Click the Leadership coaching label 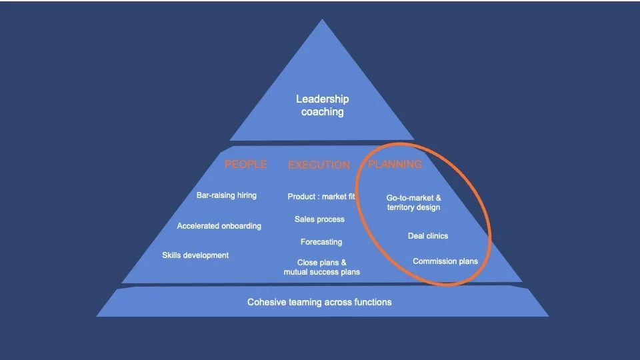[x=322, y=105]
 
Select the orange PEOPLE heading [x=245, y=164]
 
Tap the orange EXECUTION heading [x=319, y=165]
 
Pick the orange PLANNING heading [x=395, y=164]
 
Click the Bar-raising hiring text [x=227, y=195]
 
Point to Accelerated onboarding [x=219, y=226]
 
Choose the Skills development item [x=195, y=255]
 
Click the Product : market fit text [x=321, y=197]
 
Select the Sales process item [x=319, y=219]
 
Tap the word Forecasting [x=321, y=242]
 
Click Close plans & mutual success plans [x=321, y=267]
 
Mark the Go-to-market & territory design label [x=413, y=203]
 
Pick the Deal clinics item [x=428, y=236]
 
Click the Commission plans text [x=445, y=261]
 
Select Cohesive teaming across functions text [x=319, y=302]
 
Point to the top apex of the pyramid [x=323, y=21]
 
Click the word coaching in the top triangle [x=323, y=112]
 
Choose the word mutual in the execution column [x=297, y=272]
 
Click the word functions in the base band [x=372, y=302]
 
